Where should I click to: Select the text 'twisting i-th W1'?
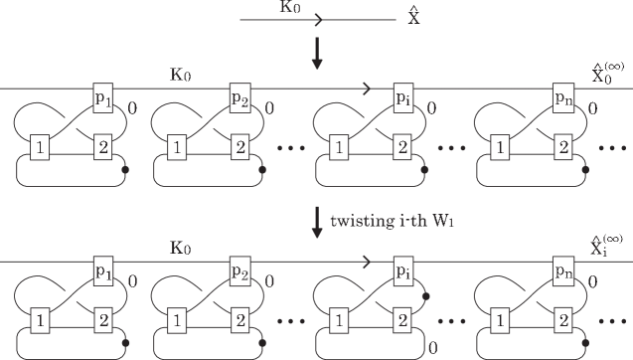(x=383, y=218)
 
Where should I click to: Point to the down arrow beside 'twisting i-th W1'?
(x=317, y=221)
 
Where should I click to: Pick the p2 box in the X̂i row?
(x=240, y=271)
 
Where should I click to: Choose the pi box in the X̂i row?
(x=401, y=271)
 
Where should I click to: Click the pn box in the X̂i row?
(x=563, y=271)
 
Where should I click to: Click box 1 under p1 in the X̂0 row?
(x=41, y=147)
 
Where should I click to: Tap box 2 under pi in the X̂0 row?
(x=401, y=147)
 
